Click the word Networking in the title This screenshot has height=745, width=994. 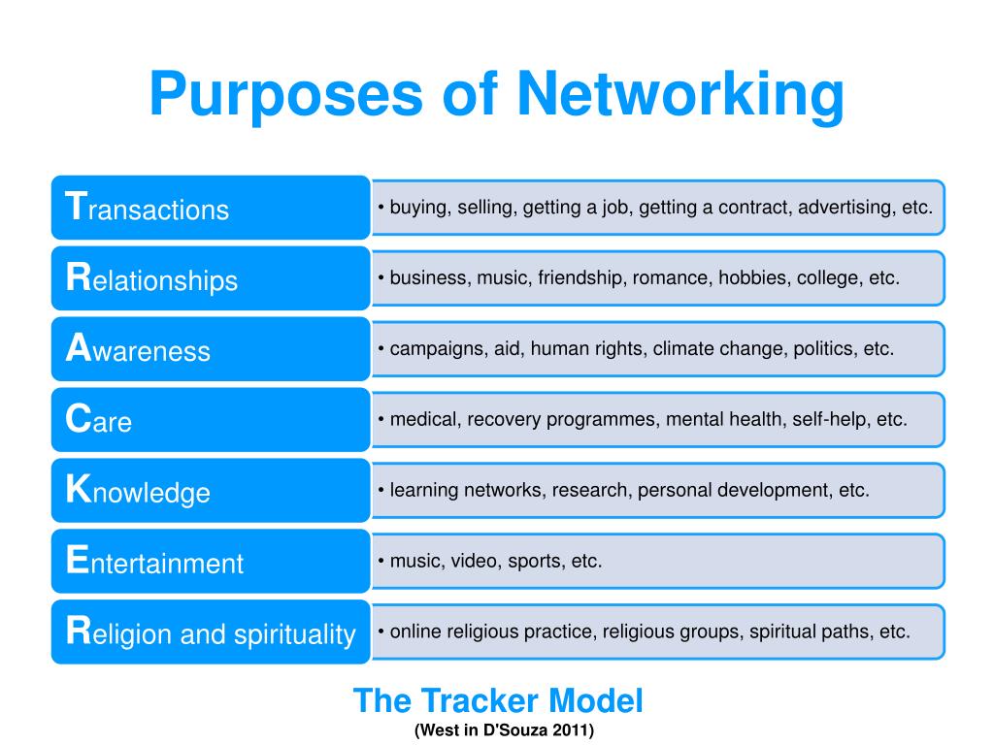(x=680, y=95)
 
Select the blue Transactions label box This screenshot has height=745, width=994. (x=211, y=208)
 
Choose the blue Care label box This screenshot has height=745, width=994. (x=211, y=420)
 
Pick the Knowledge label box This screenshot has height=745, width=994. (x=211, y=491)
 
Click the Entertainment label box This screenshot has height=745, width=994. (x=211, y=562)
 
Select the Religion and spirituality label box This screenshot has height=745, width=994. (x=211, y=632)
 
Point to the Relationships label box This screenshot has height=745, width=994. (x=211, y=278)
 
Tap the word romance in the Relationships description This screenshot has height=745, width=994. (x=671, y=277)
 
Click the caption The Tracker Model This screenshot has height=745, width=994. (x=497, y=699)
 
